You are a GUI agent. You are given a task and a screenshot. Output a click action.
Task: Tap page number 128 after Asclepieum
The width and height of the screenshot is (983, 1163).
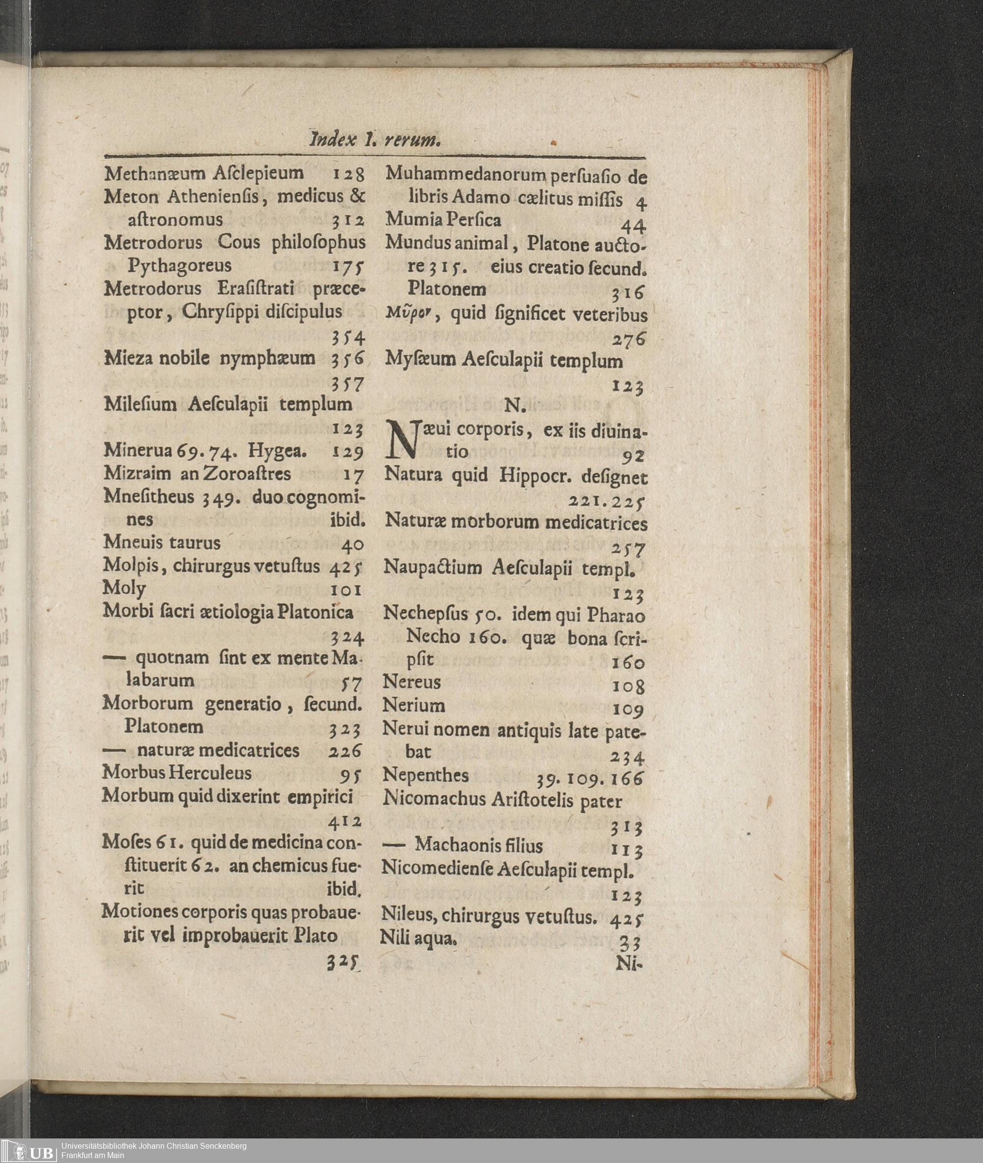pyautogui.click(x=348, y=175)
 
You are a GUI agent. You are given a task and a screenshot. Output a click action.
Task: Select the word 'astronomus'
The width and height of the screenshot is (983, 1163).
pyautogui.click(x=175, y=220)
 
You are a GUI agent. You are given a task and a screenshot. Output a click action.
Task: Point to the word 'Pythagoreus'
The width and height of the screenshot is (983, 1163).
pyautogui.click(x=179, y=266)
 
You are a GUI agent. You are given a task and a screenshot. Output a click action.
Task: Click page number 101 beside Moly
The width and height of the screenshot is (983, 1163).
pyautogui.click(x=347, y=589)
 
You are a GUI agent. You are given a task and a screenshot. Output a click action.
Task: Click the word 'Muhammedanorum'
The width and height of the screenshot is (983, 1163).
pyautogui.click(x=465, y=175)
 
